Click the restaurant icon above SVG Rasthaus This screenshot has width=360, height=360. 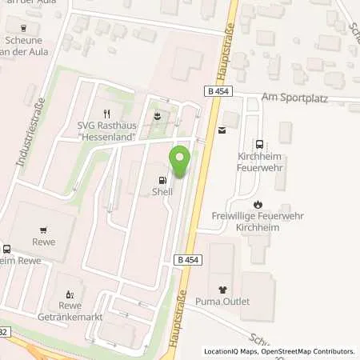coord(106,112)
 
